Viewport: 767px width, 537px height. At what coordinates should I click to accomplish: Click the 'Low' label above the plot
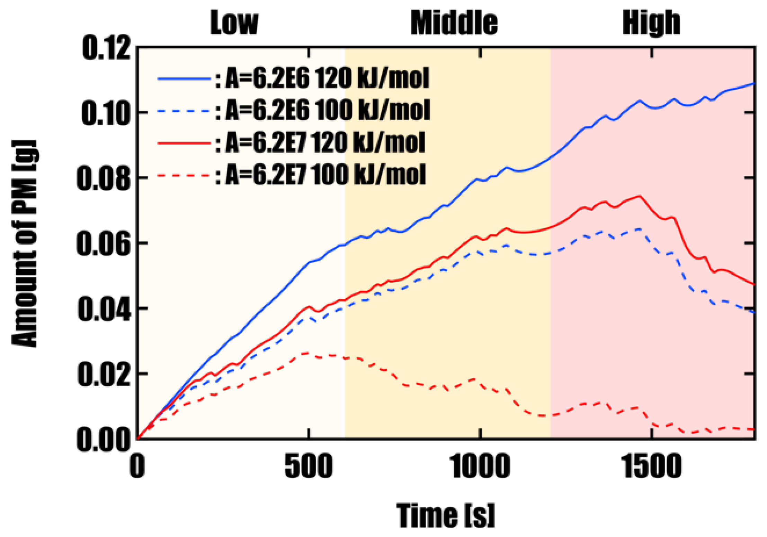[x=234, y=23]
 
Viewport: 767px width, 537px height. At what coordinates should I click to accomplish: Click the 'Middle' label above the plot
[x=454, y=23]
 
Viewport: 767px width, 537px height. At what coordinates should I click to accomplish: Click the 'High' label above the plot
[x=651, y=23]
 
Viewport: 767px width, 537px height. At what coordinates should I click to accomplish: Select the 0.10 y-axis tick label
[x=106, y=113]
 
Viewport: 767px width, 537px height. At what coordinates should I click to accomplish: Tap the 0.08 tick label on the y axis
[x=104, y=178]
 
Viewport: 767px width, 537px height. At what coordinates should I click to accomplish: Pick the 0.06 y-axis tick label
[x=104, y=244]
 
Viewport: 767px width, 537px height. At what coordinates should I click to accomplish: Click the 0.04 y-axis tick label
[x=104, y=309]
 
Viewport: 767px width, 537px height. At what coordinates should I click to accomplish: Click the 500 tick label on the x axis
[x=309, y=467]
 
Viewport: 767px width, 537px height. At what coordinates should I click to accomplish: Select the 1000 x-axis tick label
[x=480, y=467]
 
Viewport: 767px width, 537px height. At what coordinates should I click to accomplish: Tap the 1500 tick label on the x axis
[x=651, y=467]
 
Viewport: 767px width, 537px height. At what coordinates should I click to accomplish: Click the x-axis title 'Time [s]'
[x=446, y=516]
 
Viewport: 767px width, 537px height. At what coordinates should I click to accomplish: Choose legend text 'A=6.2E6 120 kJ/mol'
[x=327, y=78]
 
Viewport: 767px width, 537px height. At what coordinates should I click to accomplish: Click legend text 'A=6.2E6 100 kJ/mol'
[x=327, y=110]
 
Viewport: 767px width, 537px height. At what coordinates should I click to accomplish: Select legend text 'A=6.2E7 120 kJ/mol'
[x=325, y=143]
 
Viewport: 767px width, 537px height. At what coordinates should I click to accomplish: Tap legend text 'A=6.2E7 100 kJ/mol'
[x=325, y=175]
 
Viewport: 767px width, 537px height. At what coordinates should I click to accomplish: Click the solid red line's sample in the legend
[x=184, y=143]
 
